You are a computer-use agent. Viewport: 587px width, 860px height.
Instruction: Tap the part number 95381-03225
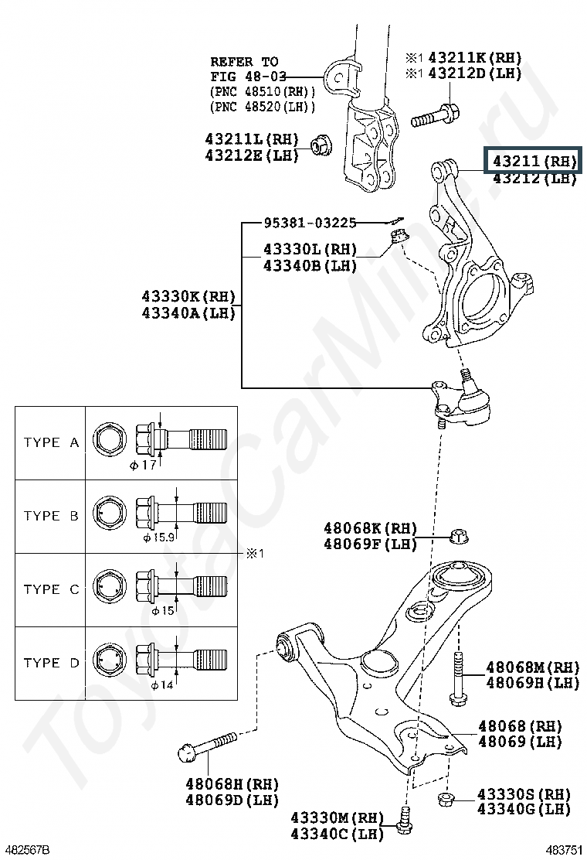[x=309, y=223]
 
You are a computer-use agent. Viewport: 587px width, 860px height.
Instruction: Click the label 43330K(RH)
[x=188, y=296]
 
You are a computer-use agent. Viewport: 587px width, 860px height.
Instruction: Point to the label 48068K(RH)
[x=370, y=529]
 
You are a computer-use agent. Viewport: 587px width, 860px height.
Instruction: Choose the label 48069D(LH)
[x=232, y=800]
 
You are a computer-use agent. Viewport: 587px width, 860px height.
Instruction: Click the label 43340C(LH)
[x=337, y=834]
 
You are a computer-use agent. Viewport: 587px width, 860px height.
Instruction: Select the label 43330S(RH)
[x=524, y=794]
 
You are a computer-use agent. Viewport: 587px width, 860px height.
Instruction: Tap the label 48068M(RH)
[x=532, y=667]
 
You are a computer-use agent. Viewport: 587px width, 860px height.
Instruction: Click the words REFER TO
[x=245, y=61]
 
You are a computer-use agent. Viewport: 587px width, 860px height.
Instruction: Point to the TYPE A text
[x=52, y=442]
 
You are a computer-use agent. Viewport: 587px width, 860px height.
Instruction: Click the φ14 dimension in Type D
[x=160, y=684]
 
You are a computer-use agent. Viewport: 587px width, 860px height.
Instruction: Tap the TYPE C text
[x=52, y=589]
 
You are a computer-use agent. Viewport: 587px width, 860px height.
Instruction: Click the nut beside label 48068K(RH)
[x=459, y=535]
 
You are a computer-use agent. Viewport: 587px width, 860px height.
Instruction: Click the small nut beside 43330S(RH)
[x=445, y=799]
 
